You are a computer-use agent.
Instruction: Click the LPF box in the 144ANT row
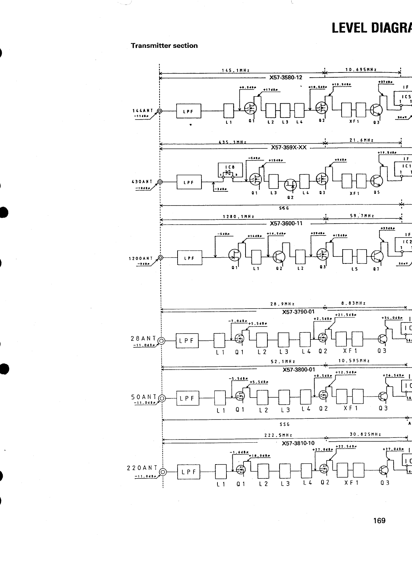(x=189, y=111)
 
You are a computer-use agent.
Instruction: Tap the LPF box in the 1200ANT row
(x=189, y=258)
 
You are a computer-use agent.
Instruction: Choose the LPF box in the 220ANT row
(x=189, y=471)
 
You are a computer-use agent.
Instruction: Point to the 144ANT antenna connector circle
(x=160, y=111)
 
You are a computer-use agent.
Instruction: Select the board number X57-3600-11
(x=286, y=223)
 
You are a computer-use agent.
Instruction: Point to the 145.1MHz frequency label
(x=235, y=70)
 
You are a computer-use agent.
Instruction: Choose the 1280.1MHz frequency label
(x=238, y=217)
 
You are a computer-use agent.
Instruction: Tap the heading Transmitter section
(x=164, y=45)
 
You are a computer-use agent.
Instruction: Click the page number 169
(x=379, y=520)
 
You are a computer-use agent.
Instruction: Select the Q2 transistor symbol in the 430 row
(x=290, y=186)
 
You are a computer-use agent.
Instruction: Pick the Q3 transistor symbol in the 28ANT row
(x=383, y=339)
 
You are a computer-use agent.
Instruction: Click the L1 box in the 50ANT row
(x=220, y=398)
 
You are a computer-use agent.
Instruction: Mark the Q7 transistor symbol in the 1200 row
(x=377, y=257)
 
